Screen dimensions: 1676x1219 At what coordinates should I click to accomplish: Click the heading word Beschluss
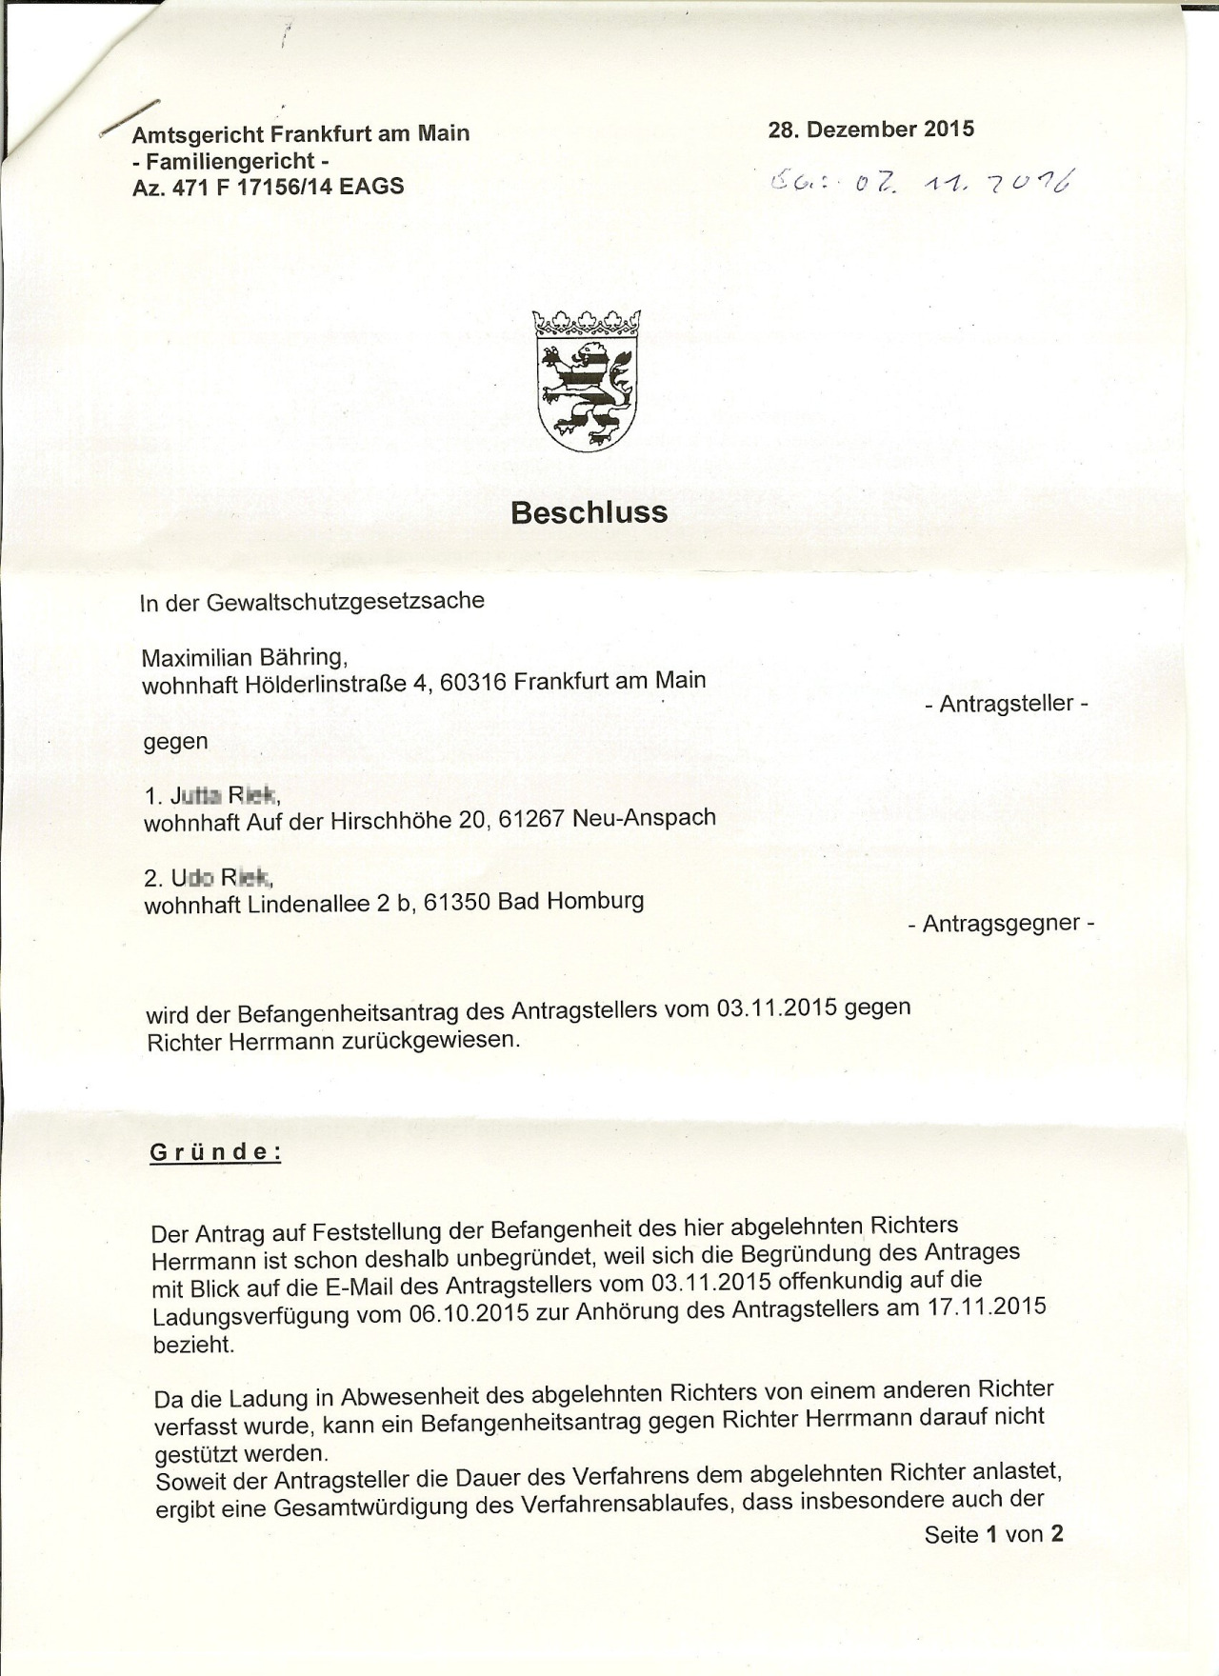[589, 512]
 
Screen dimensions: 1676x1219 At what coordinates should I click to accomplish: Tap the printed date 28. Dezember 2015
[870, 130]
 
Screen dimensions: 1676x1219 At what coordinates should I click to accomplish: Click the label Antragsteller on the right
[1006, 704]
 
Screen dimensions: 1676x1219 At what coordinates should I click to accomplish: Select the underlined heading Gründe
[215, 1151]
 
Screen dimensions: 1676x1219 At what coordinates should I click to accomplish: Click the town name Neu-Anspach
[644, 817]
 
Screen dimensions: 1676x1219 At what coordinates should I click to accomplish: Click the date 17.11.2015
[986, 1306]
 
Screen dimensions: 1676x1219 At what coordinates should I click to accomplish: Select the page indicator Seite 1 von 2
[992, 1534]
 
